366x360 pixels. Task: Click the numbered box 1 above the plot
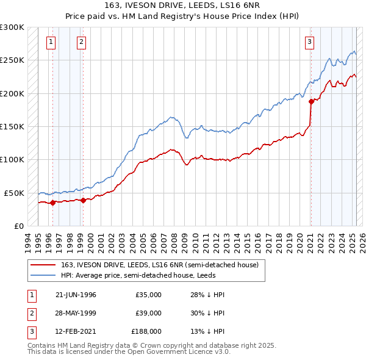click(x=50, y=42)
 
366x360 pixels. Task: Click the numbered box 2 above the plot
click(x=81, y=42)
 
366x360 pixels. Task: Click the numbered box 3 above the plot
click(x=309, y=42)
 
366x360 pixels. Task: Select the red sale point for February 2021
click(x=311, y=101)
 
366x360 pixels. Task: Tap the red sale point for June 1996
click(x=52, y=203)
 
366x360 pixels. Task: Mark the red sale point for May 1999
click(x=83, y=200)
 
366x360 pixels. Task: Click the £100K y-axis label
click(x=12, y=159)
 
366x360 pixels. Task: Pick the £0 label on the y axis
click(x=18, y=226)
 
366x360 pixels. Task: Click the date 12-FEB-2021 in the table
click(x=76, y=331)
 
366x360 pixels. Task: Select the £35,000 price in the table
click(x=148, y=295)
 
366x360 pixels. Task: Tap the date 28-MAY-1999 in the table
click(x=76, y=313)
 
